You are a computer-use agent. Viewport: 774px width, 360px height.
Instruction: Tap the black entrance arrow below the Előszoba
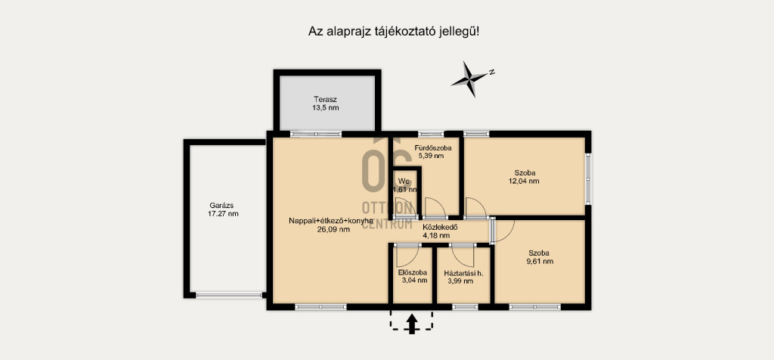pyautogui.click(x=411, y=325)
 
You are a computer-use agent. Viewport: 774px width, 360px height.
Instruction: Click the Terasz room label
pyautogui.click(x=325, y=99)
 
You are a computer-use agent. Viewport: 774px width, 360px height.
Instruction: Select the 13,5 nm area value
pyautogui.click(x=325, y=107)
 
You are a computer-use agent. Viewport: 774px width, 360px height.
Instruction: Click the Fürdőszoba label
pyautogui.click(x=433, y=147)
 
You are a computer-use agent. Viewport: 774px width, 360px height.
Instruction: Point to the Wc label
pyautogui.click(x=404, y=180)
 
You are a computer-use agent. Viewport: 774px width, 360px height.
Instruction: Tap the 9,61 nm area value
pyautogui.click(x=540, y=261)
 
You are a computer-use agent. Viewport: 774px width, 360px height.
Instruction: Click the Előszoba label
pyautogui.click(x=412, y=272)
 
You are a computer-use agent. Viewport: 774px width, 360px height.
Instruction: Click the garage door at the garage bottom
pyautogui.click(x=228, y=295)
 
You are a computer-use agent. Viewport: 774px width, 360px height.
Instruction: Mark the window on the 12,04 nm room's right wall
pyautogui.click(x=588, y=178)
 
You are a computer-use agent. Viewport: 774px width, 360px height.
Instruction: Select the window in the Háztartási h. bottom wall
pyautogui.click(x=465, y=307)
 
